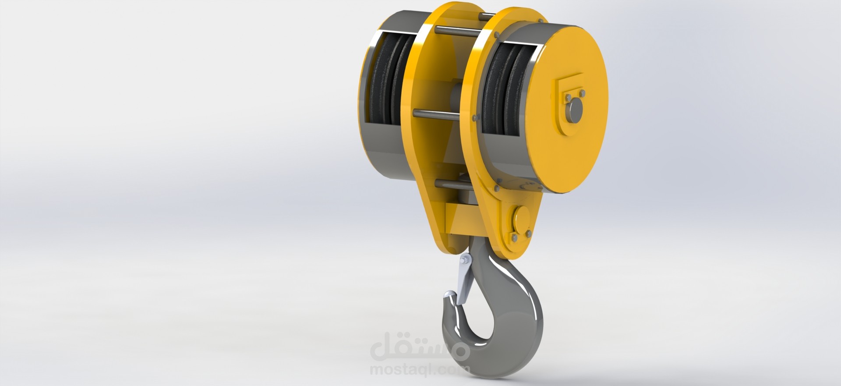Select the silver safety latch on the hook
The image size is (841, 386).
pos(462,281)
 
